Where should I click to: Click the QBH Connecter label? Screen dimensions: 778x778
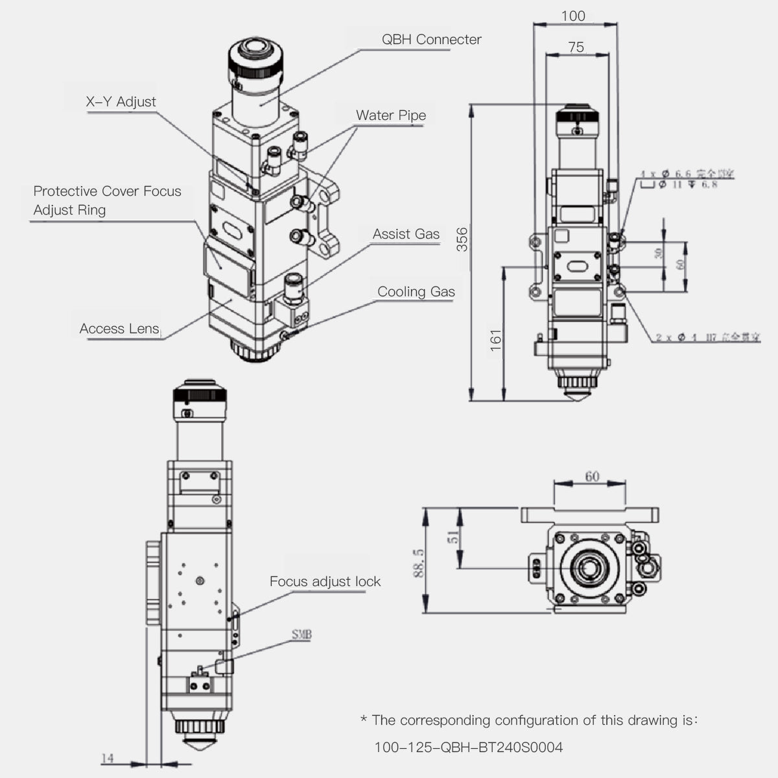[431, 40]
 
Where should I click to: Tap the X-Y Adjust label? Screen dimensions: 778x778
[121, 102]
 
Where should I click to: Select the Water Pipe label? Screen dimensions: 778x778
[391, 116]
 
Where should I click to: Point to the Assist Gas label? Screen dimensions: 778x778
[406, 234]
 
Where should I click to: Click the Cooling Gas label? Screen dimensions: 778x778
[416, 292]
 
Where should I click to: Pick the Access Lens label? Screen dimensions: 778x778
[119, 329]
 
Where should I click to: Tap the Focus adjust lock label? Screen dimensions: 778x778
[325, 582]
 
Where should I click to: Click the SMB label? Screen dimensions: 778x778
[301, 635]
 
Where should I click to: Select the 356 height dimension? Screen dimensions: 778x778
[462, 239]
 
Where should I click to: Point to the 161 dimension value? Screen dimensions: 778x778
[496, 340]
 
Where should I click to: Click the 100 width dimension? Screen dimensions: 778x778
[573, 16]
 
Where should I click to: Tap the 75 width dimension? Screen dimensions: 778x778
[576, 47]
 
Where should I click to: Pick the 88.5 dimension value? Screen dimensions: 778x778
[419, 562]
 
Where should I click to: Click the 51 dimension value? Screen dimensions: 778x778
[454, 536]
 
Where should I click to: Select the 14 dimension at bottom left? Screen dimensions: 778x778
[108, 758]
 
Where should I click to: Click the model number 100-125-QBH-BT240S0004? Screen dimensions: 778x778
[469, 748]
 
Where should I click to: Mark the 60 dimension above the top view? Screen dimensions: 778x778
[592, 477]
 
